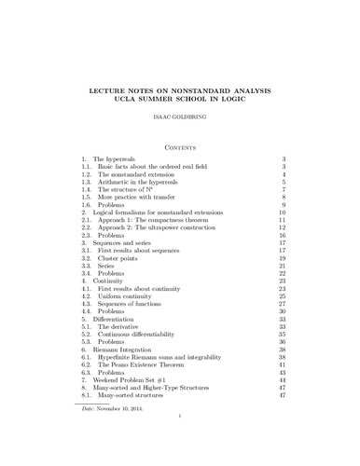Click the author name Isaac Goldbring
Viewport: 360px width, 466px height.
179,120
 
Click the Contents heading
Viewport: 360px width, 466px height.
179,144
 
